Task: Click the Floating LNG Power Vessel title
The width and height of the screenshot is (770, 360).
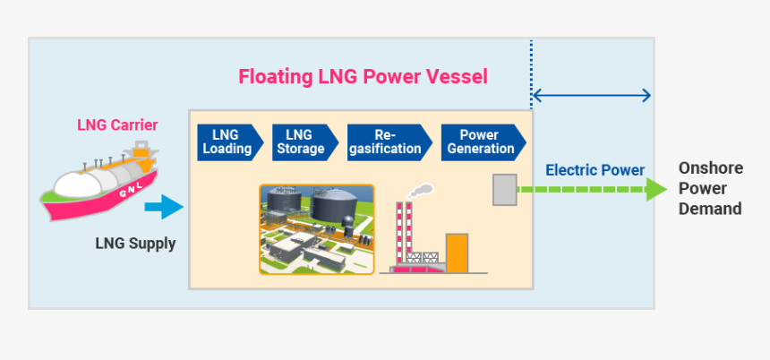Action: (363, 76)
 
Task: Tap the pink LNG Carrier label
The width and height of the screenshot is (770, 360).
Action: (117, 124)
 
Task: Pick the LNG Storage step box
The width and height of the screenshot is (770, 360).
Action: (303, 142)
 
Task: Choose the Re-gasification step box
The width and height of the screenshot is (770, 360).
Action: (387, 142)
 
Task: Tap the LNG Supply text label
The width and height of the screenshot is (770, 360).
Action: (135, 243)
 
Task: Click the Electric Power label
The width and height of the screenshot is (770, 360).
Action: (595, 170)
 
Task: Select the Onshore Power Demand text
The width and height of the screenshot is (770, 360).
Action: (710, 188)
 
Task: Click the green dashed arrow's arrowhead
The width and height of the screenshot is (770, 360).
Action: (656, 189)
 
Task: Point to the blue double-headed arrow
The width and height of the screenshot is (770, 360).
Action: (592, 95)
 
